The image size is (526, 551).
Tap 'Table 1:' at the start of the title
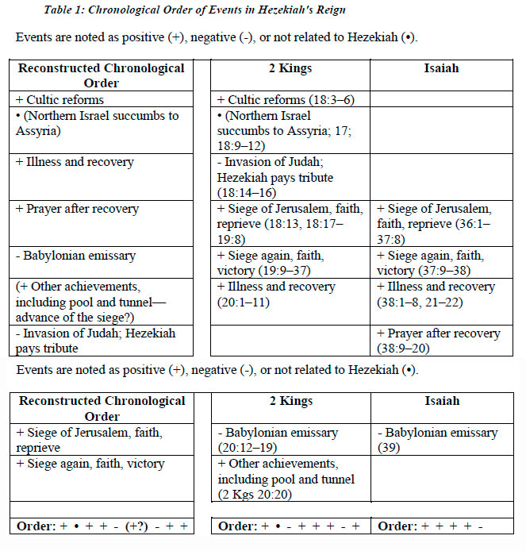(x=68, y=10)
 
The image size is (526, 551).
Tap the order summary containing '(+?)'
(x=103, y=526)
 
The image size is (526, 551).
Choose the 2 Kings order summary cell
(x=290, y=526)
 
